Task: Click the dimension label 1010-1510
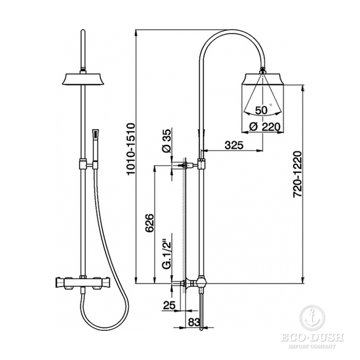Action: click(x=131, y=149)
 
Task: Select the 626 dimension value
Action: click(x=150, y=223)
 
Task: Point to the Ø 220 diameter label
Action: click(x=265, y=127)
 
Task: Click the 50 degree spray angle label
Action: click(x=261, y=111)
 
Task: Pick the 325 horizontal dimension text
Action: click(x=233, y=145)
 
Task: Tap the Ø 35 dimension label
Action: click(x=167, y=141)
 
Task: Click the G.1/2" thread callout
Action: click(x=167, y=252)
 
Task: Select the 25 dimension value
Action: click(x=169, y=305)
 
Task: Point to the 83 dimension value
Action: click(x=194, y=322)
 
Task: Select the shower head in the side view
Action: click(x=263, y=79)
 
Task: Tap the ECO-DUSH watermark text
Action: click(x=312, y=337)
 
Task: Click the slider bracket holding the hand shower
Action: click(x=88, y=165)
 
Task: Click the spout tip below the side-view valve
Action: click(x=202, y=329)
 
